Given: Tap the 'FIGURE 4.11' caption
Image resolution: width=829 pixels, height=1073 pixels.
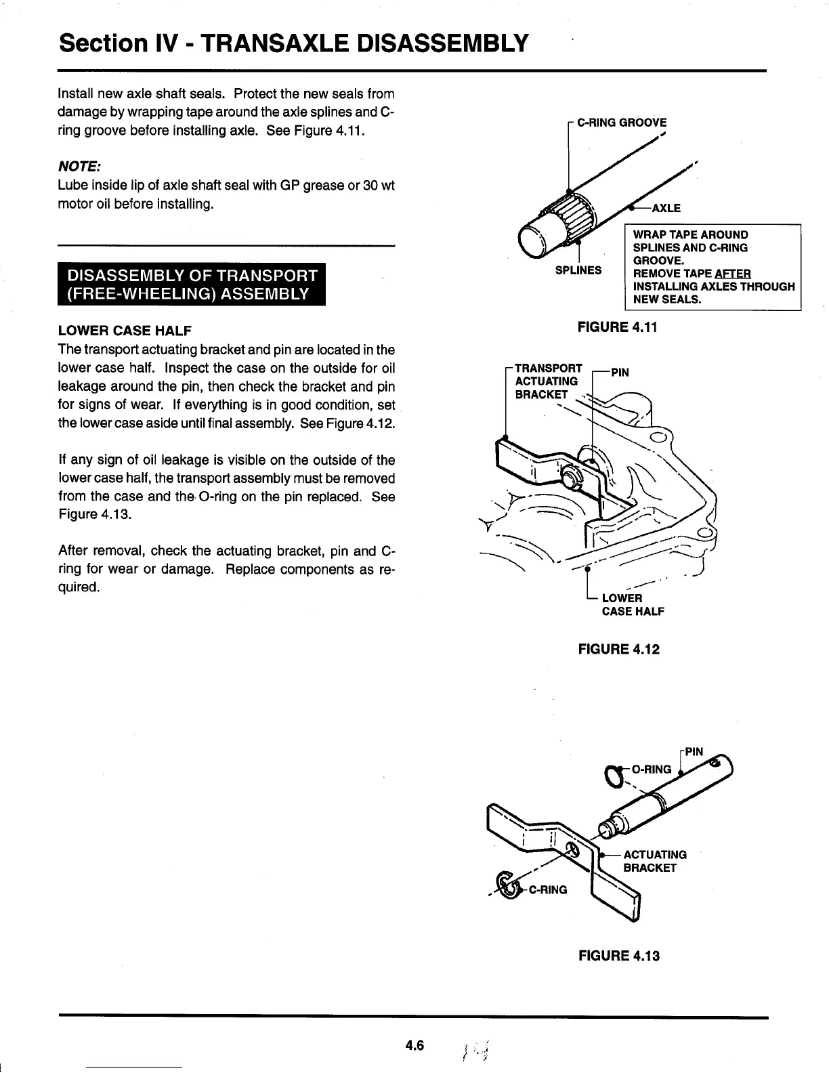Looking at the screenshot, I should click(x=617, y=327).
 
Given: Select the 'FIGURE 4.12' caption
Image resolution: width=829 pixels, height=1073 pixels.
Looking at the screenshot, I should click(x=617, y=649).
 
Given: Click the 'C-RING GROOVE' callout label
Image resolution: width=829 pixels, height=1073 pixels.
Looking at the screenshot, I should click(x=621, y=123).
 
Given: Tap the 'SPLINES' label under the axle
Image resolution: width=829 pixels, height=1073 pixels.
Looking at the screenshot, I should click(x=578, y=270).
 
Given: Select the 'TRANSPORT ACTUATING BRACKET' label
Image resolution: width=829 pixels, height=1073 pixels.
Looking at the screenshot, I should click(x=547, y=381).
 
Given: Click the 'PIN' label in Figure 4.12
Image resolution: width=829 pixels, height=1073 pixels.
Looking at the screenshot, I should click(x=620, y=372).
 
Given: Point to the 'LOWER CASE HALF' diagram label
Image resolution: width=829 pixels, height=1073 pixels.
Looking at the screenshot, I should click(x=632, y=604).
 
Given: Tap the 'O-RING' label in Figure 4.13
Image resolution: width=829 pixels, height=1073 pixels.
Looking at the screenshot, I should click(x=651, y=769).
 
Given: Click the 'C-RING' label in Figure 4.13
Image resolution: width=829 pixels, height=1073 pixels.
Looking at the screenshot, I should click(x=547, y=889).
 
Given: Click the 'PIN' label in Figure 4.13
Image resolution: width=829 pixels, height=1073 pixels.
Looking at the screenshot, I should click(x=694, y=751).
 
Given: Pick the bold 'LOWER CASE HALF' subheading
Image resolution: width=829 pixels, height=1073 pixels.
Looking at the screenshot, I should click(x=125, y=331).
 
